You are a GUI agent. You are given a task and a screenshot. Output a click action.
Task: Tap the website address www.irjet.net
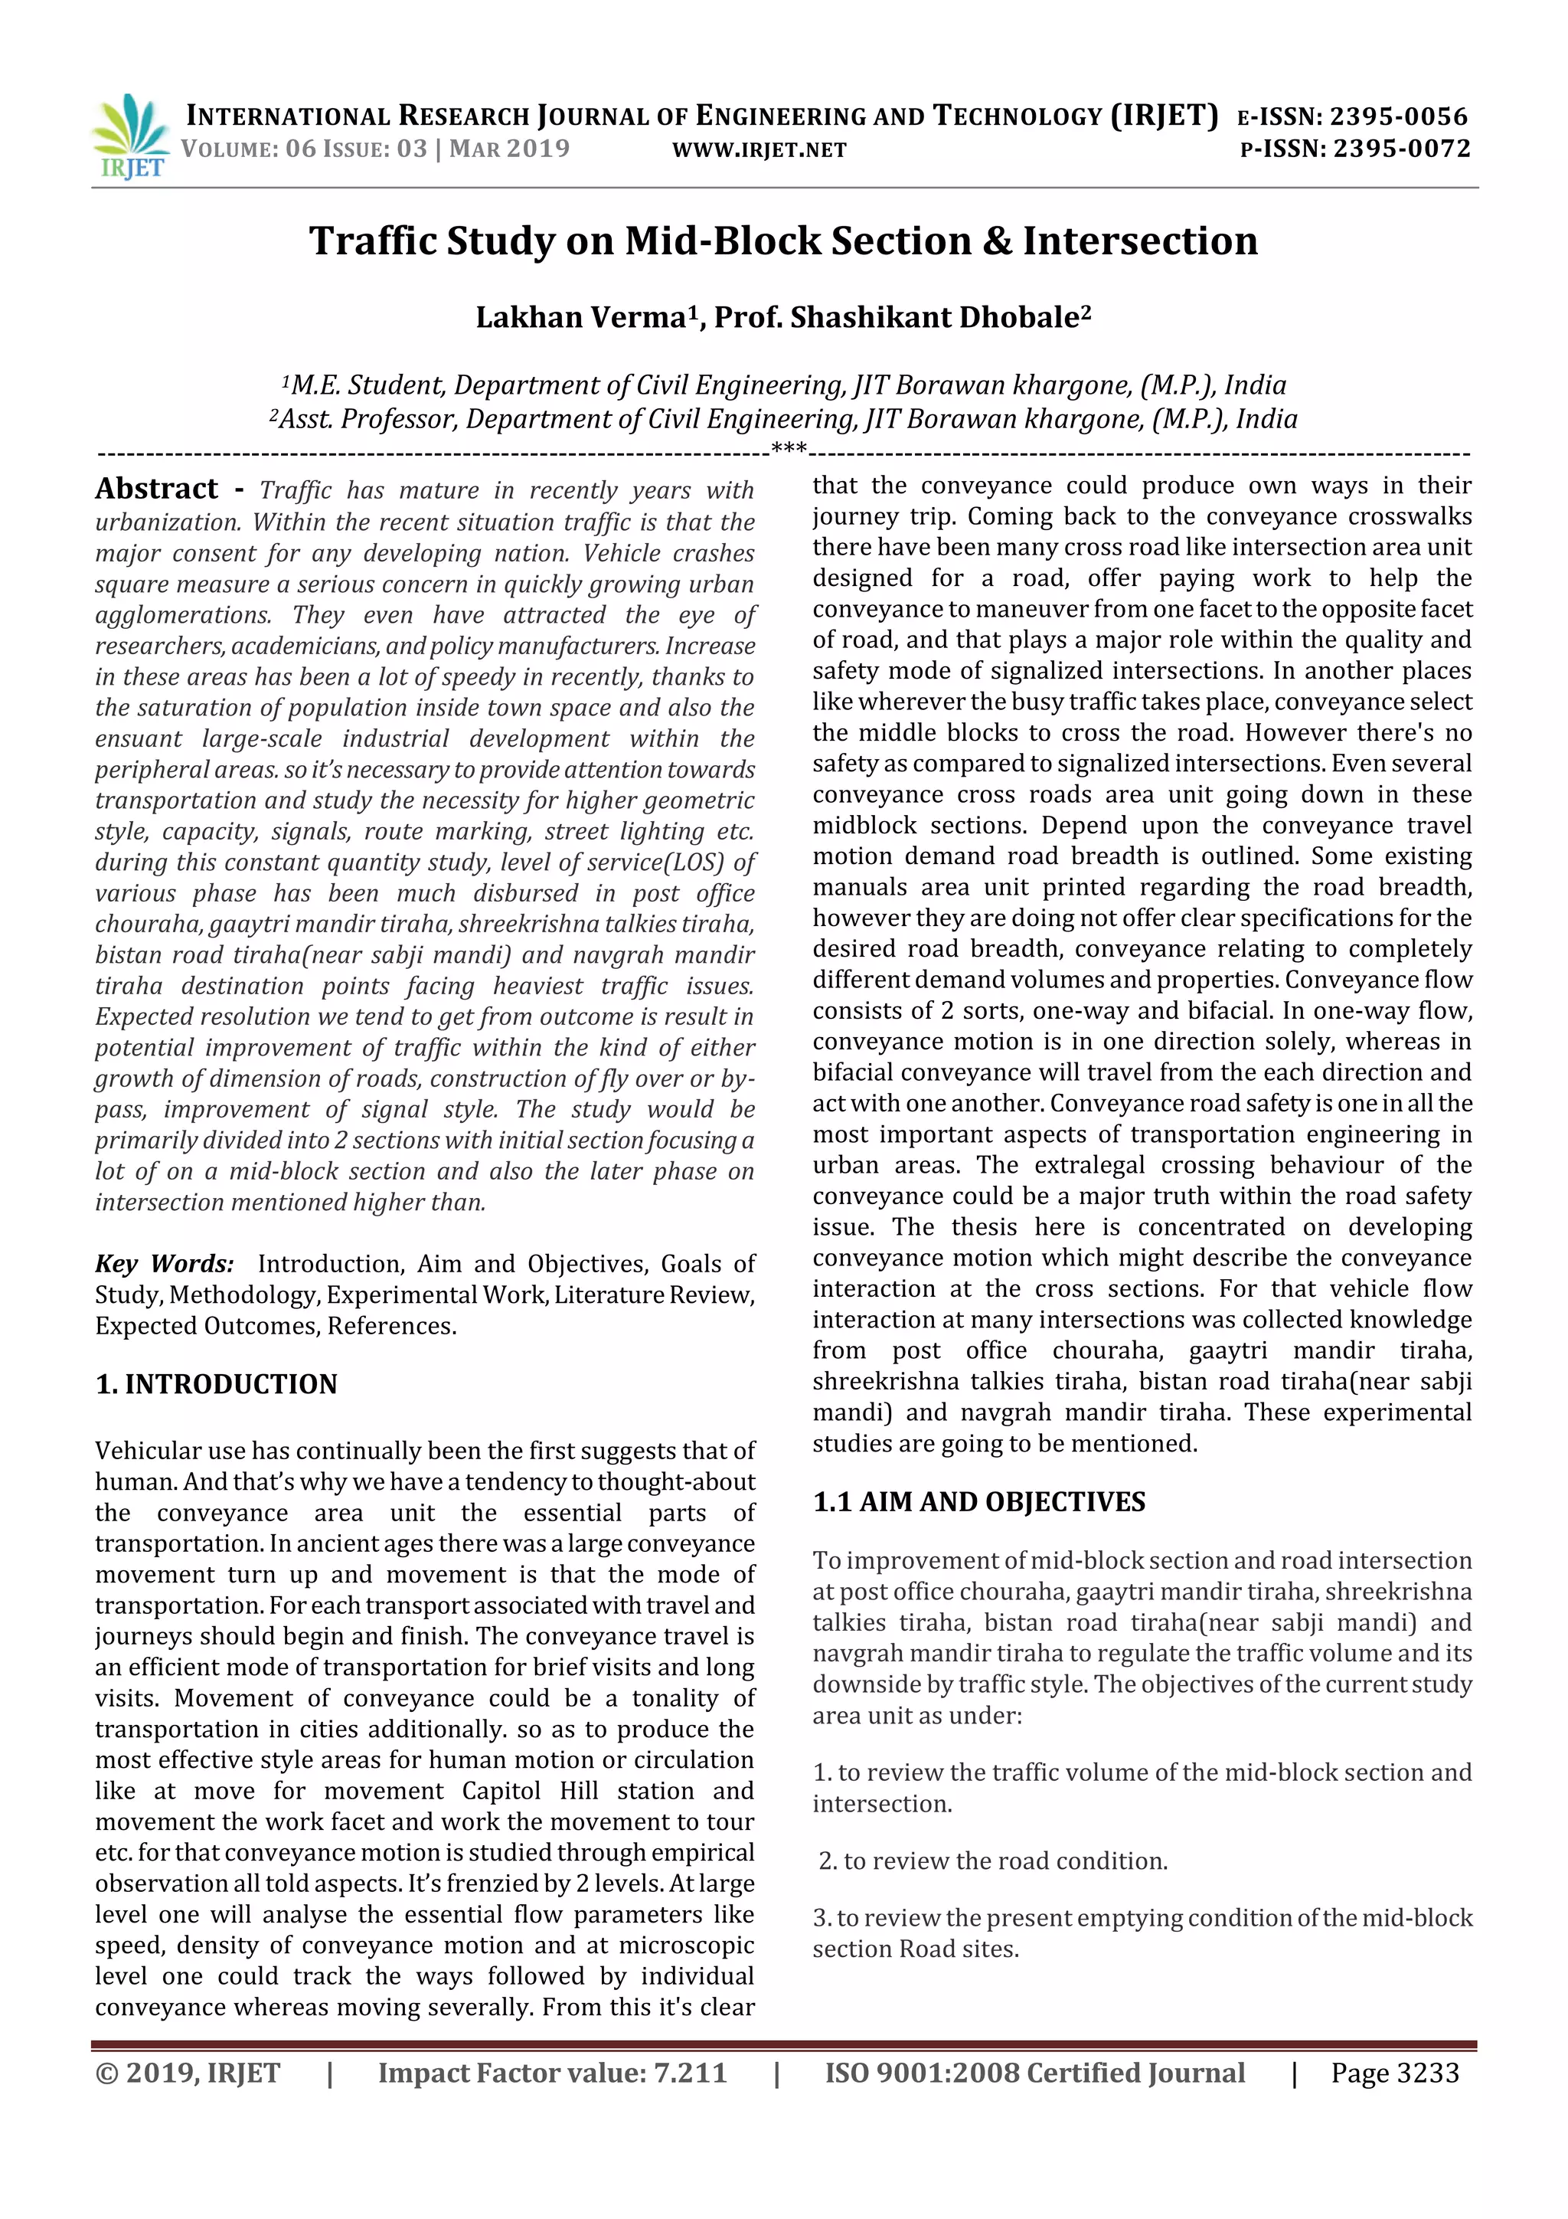759,150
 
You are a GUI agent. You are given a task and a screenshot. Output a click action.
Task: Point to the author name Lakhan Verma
580,317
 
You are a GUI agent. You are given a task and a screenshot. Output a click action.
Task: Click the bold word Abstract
156,489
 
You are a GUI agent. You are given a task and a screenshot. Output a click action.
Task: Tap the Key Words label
165,1264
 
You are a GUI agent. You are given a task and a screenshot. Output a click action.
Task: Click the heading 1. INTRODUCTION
217,1384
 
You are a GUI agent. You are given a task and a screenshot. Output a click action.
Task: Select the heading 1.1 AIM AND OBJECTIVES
978,1502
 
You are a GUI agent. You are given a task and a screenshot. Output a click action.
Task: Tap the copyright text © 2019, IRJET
188,2072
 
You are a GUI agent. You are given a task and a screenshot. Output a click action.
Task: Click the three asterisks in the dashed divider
789,448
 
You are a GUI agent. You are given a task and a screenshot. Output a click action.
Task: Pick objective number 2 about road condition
992,1861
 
